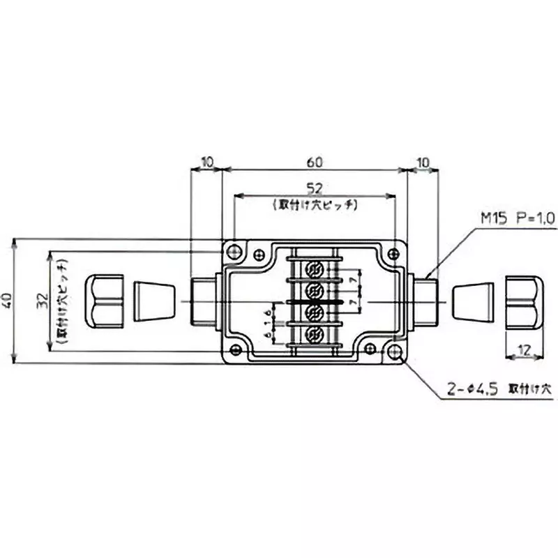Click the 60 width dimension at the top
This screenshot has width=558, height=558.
[x=314, y=162]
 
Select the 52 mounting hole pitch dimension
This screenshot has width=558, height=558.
[x=314, y=188]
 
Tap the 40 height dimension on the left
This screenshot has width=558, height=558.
[x=8, y=301]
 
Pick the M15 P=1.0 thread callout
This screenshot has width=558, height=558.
[x=517, y=218]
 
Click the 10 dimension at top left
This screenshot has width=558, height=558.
[x=206, y=162]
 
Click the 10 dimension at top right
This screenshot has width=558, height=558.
[x=423, y=162]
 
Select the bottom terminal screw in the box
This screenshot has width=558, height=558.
[x=315, y=333]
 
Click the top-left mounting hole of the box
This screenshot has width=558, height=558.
[x=234, y=250]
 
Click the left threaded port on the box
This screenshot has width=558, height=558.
[x=205, y=301]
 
